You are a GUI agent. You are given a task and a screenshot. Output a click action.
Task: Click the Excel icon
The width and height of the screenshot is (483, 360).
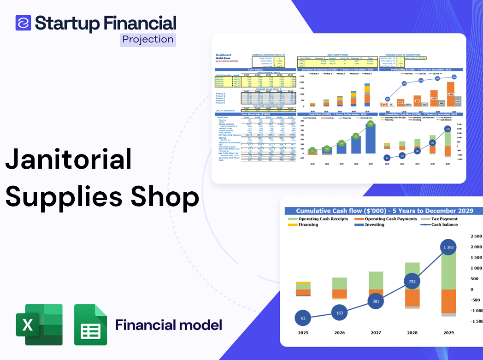[39, 325]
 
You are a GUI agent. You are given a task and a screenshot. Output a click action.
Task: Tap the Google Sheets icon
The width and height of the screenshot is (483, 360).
[90, 325]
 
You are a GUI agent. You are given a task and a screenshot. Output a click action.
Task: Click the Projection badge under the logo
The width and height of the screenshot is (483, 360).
[148, 40]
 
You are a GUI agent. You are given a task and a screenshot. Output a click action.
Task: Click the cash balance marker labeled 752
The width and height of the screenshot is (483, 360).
[412, 282]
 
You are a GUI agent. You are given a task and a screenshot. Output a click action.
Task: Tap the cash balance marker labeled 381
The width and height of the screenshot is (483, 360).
[376, 301]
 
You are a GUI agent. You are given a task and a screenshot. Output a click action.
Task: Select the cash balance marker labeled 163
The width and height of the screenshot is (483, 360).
[339, 313]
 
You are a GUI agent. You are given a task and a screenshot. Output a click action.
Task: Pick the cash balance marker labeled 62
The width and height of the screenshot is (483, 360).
[303, 318]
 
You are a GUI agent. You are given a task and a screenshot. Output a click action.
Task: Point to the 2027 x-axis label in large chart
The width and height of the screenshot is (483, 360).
[376, 333]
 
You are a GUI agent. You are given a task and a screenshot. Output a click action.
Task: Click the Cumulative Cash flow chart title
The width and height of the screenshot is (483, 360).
[384, 211]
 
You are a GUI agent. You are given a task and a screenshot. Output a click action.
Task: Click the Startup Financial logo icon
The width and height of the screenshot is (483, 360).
[23, 23]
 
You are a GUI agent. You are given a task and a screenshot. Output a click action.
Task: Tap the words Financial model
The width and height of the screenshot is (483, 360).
[169, 325]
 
